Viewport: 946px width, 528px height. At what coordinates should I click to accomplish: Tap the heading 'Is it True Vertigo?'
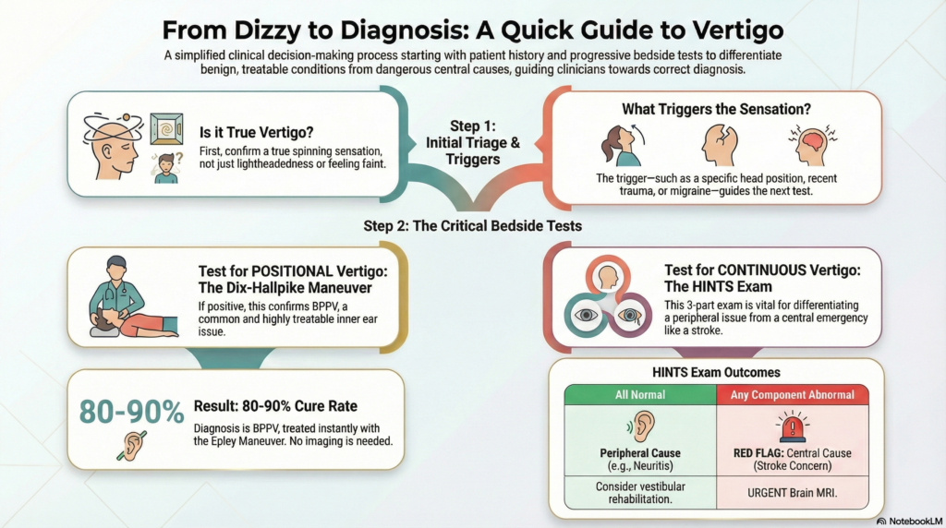tap(257, 132)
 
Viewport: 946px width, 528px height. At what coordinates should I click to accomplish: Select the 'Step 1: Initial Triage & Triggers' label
tap(473, 143)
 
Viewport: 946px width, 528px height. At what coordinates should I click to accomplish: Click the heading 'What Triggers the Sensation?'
tap(716, 109)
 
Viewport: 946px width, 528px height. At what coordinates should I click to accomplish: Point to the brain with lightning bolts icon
tap(812, 144)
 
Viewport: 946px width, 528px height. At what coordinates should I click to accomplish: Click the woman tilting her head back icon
tap(622, 145)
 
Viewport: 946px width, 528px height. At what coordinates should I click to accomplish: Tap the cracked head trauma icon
tap(719, 145)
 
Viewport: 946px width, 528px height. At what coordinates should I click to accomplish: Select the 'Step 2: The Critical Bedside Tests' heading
tap(472, 226)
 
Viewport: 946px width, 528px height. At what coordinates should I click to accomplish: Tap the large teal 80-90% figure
tap(131, 413)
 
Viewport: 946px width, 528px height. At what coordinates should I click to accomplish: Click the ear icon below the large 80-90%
tap(131, 446)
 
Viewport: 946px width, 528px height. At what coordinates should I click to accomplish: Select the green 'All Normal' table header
tap(640, 395)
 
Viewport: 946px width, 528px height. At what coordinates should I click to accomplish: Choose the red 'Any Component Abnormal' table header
tap(792, 395)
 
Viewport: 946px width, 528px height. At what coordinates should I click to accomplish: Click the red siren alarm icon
tap(792, 426)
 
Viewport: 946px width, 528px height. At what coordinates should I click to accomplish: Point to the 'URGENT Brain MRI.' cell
tap(792, 492)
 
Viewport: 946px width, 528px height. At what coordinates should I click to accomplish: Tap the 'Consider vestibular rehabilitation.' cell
tap(640, 492)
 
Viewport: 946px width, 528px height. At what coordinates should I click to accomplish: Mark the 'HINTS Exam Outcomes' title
tap(716, 373)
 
